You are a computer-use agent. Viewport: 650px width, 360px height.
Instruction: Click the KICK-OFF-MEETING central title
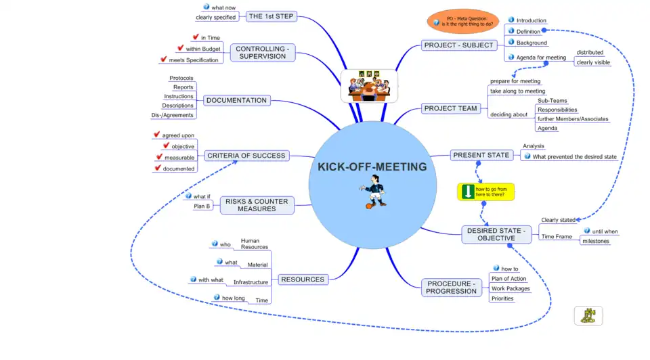tap(372, 166)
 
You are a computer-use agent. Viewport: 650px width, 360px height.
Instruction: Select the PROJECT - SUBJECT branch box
tap(459, 45)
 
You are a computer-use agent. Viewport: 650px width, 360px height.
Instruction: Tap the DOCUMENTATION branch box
tap(236, 100)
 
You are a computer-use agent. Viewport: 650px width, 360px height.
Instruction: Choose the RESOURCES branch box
tap(302, 279)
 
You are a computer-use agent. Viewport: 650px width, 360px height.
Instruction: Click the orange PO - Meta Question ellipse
tap(463, 21)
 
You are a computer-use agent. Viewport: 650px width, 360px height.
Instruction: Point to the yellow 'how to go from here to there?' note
tap(486, 192)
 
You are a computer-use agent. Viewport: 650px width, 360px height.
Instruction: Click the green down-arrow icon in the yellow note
tap(467, 192)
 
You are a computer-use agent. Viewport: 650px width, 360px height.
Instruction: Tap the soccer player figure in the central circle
tap(374, 192)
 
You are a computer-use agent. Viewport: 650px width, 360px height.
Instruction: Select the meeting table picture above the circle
tap(368, 86)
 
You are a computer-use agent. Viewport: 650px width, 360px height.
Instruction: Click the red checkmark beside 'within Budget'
tap(180, 48)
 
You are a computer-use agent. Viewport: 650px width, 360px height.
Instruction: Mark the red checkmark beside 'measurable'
tap(158, 157)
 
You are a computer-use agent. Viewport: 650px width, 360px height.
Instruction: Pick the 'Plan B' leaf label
tap(202, 206)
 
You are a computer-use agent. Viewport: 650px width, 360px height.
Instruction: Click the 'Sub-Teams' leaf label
tap(551, 100)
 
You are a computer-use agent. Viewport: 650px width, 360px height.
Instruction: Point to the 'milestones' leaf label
tap(596, 241)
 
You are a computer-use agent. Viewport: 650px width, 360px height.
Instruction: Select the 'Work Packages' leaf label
tap(511, 289)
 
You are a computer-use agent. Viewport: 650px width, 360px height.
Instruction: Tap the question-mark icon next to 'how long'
tap(216, 297)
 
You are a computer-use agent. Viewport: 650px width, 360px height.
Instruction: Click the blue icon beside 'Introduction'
tap(511, 20)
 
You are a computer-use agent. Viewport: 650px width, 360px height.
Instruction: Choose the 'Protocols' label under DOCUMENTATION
tap(181, 78)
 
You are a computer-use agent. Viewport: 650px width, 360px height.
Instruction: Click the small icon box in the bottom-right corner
tap(588, 315)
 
